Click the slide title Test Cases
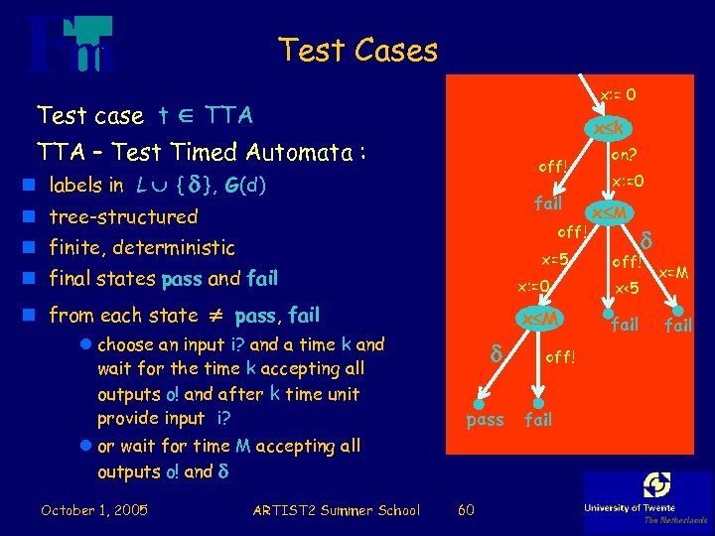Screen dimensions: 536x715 357,50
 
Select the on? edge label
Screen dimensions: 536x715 625,154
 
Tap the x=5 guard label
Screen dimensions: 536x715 554,260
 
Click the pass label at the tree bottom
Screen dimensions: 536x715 486,419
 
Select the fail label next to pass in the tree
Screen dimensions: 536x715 538,419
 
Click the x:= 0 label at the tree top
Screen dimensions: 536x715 618,95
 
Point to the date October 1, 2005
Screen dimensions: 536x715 94,510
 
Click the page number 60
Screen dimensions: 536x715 465,510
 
